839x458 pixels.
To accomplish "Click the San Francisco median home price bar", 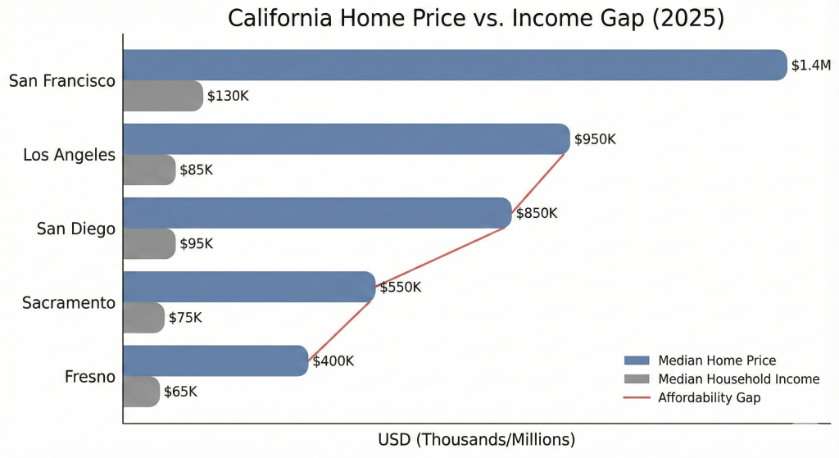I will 455,65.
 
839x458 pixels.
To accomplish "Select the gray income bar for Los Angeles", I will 149,170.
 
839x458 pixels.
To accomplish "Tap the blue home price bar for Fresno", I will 215,361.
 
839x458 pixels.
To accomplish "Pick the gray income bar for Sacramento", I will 143,317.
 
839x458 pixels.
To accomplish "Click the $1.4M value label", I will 811,66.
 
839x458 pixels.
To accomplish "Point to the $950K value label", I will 595,139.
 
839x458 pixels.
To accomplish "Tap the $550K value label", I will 400,288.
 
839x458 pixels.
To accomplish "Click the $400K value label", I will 333,361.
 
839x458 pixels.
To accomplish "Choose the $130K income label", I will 228,96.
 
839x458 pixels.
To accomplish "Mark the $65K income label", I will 180,392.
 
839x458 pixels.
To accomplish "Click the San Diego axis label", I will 76,229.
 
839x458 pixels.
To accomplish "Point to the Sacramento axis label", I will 69,302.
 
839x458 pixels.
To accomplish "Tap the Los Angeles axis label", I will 69,154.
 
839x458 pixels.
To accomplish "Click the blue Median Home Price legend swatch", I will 636,361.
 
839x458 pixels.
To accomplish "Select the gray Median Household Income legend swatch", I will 636,379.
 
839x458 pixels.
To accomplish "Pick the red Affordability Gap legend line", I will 636,398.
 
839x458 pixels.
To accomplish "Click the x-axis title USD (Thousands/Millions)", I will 477,439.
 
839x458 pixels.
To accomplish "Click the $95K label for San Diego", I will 197,243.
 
